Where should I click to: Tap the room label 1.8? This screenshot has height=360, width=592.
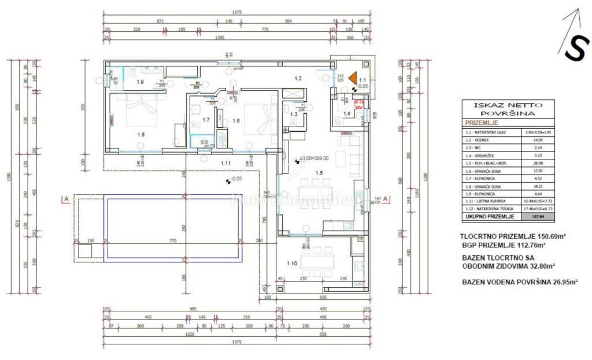[x=140, y=134]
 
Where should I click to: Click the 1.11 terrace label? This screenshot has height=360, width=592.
[x=226, y=164]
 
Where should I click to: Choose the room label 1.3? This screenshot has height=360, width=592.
[x=294, y=114]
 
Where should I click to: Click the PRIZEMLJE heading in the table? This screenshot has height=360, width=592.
[x=482, y=123]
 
